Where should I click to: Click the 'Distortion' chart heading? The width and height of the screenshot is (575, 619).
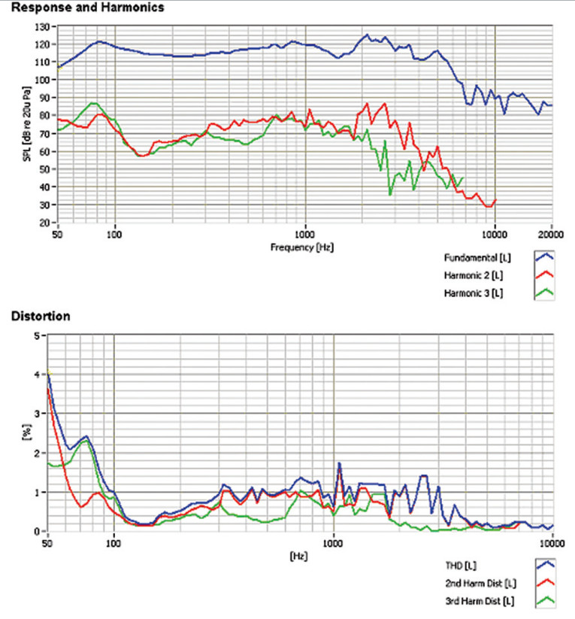tap(41, 317)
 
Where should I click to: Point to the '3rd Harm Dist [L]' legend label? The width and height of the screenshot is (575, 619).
tap(478, 601)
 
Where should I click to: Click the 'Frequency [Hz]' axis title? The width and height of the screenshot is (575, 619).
tap(304, 245)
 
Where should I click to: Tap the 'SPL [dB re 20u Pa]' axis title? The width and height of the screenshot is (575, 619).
tap(28, 124)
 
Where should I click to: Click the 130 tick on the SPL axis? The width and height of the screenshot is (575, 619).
tap(43, 27)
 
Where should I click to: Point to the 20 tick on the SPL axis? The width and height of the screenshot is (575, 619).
tap(45, 223)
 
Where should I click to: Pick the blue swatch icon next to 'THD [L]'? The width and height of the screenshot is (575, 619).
tap(545, 564)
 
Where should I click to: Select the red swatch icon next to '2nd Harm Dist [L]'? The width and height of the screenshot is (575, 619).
tap(545, 583)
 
